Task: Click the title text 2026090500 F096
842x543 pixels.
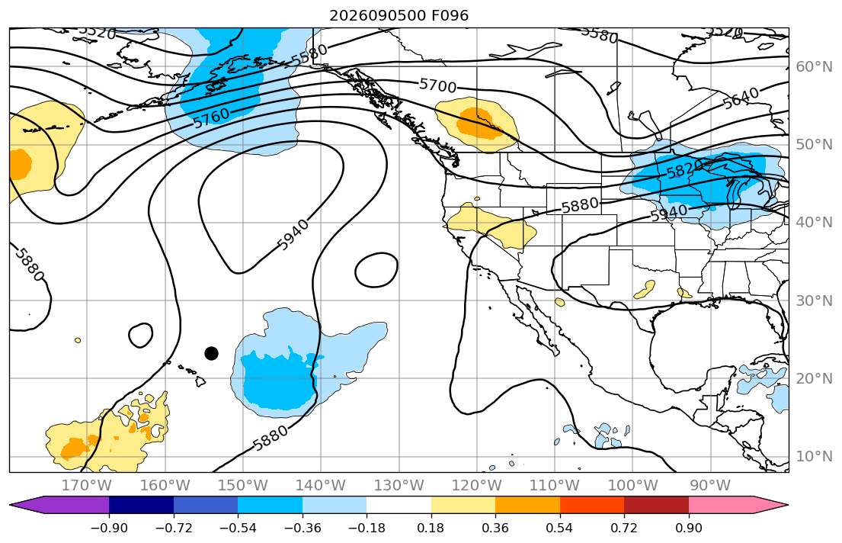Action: [x=399, y=15]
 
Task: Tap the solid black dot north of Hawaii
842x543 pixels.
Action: [x=212, y=353]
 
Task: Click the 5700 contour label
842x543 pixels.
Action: [x=437, y=85]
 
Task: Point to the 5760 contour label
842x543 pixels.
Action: [x=212, y=118]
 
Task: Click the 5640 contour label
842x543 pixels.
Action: [x=741, y=98]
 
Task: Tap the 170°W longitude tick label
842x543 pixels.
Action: [x=87, y=486]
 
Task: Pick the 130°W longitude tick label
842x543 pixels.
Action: [x=399, y=486]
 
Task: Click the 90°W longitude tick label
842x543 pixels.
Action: [x=710, y=486]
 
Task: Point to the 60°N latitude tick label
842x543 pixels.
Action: [x=814, y=66]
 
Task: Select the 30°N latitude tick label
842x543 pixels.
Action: [x=814, y=300]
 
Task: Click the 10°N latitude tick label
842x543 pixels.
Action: [x=814, y=457]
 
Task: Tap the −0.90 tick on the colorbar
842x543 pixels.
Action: [x=109, y=528]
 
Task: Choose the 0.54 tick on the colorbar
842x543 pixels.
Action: [x=559, y=528]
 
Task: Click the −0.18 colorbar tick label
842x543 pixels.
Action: [x=367, y=528]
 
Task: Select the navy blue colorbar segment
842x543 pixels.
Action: [x=141, y=505]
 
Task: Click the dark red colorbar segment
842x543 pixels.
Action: [x=656, y=505]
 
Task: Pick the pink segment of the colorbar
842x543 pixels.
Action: [x=721, y=505]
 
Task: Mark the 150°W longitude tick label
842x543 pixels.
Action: [x=243, y=486]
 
